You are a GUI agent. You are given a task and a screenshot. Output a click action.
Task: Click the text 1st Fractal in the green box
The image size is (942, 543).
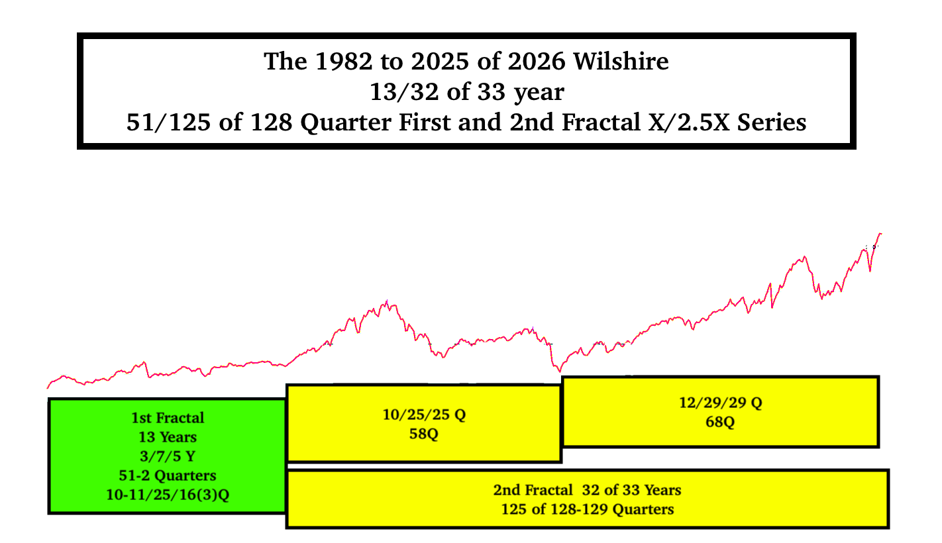tap(168, 418)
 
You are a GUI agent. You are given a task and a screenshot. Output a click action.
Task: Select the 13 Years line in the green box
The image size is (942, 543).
tap(168, 437)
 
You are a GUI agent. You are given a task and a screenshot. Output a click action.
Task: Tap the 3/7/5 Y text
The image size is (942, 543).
tap(168, 456)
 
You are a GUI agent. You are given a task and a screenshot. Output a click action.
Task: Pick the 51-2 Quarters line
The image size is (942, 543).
tap(168, 475)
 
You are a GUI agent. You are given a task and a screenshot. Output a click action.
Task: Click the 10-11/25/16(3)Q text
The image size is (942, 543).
tap(168, 495)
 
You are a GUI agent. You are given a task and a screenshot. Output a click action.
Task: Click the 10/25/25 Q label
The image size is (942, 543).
tap(424, 416)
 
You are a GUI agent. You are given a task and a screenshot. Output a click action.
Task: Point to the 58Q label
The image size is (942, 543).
tap(424, 435)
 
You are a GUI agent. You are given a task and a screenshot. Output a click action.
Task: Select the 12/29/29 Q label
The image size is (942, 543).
tap(720, 403)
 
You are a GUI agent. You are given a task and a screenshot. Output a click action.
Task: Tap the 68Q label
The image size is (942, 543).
tap(720, 422)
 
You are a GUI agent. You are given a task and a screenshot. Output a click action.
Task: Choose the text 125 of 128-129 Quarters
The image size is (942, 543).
tap(587, 509)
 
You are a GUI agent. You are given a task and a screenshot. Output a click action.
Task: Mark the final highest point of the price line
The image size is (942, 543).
tap(880, 234)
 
